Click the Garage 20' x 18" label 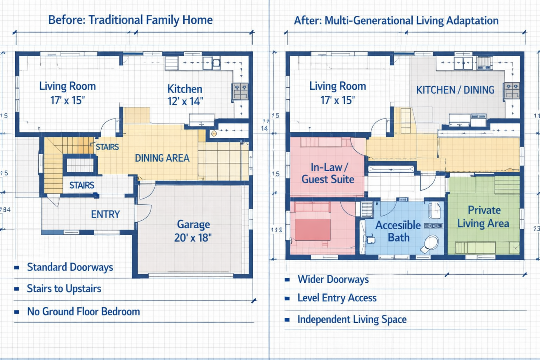pyautogui.click(x=193, y=231)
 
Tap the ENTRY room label pyautogui.click(x=105, y=214)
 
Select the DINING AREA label pyautogui.click(x=162, y=158)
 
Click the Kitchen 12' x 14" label pyautogui.click(x=185, y=95)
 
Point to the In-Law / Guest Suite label pyautogui.click(x=328, y=173)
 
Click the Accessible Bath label pyautogui.click(x=398, y=231)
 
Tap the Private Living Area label pyautogui.click(x=483, y=217)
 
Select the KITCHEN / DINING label pyautogui.click(x=455, y=90)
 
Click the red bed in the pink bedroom pyautogui.click(x=313, y=229)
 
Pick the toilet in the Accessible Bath pyautogui.click(x=430, y=244)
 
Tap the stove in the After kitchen pyautogui.click(x=512, y=91)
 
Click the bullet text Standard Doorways pyautogui.click(x=70, y=267)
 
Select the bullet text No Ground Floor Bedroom pyautogui.click(x=83, y=311)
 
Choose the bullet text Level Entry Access pyautogui.click(x=337, y=298)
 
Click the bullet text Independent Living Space pyautogui.click(x=352, y=319)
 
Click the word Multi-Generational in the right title pyautogui.click(x=369, y=21)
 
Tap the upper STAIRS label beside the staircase pyautogui.click(x=107, y=147)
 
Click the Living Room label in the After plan pyautogui.click(x=337, y=86)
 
